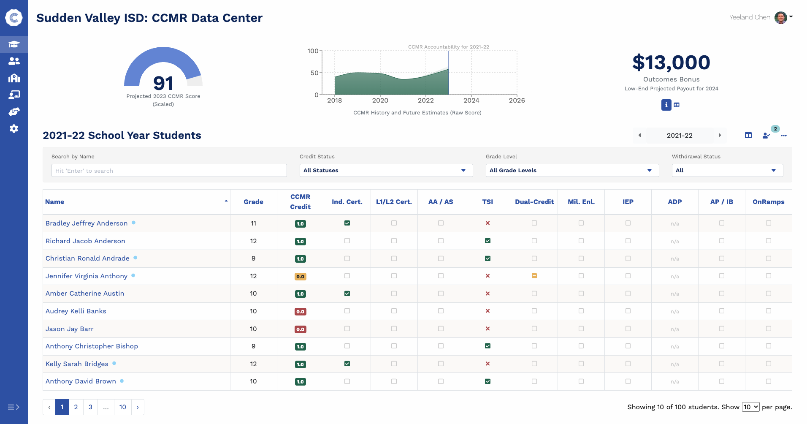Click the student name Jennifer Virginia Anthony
tap(87, 276)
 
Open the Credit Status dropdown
tap(386, 171)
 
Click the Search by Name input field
tap(169, 171)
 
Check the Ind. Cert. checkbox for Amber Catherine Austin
tap(347, 294)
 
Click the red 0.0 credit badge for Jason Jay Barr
tap(300, 329)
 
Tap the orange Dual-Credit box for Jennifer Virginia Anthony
tap(534, 276)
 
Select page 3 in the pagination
tap(90, 407)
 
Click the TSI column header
tap(487, 202)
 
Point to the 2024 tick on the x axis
tap(471, 100)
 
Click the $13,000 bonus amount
tap(671, 63)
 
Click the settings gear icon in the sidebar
tap(14, 129)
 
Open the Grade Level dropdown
tap(572, 171)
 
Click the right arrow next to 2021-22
tap(720, 136)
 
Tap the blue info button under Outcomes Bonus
tap(666, 105)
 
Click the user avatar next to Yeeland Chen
tap(780, 18)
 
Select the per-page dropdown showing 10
tap(750, 407)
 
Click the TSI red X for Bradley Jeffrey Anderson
tap(487, 223)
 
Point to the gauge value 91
tap(163, 83)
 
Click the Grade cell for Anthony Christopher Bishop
tap(253, 346)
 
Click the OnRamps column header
tap(768, 202)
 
